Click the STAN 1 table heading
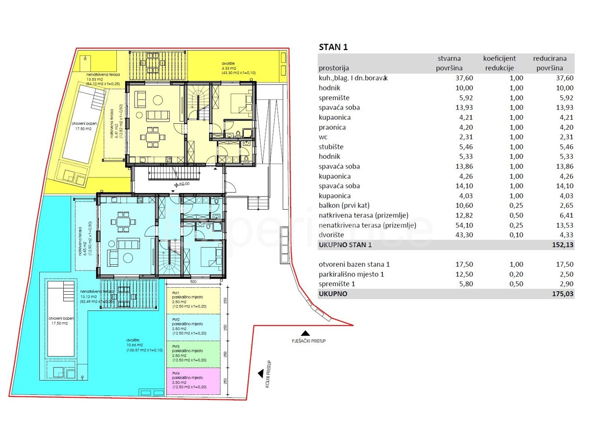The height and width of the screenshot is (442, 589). [333, 48]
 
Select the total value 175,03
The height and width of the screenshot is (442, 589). [562, 294]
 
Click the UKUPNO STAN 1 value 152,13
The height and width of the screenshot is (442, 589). [562, 245]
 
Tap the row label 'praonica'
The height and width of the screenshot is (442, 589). [332, 127]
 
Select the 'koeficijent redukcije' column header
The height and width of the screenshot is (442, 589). [499, 63]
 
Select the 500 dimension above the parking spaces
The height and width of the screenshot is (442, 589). [193, 282]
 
